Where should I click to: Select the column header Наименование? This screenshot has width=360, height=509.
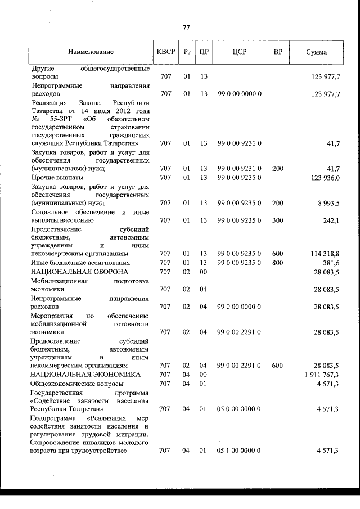(x=91, y=52)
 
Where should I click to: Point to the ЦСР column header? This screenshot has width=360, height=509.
(x=240, y=52)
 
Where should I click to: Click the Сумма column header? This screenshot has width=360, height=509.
(x=317, y=52)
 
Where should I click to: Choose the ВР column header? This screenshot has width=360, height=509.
(x=277, y=52)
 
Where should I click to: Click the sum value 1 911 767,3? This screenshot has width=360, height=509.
(x=321, y=374)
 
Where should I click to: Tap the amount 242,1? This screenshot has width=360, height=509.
(x=331, y=220)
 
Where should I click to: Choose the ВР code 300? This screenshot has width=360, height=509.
(x=277, y=220)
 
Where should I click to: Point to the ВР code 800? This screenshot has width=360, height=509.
(x=277, y=263)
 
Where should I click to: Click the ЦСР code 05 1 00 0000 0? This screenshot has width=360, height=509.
(x=239, y=451)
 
